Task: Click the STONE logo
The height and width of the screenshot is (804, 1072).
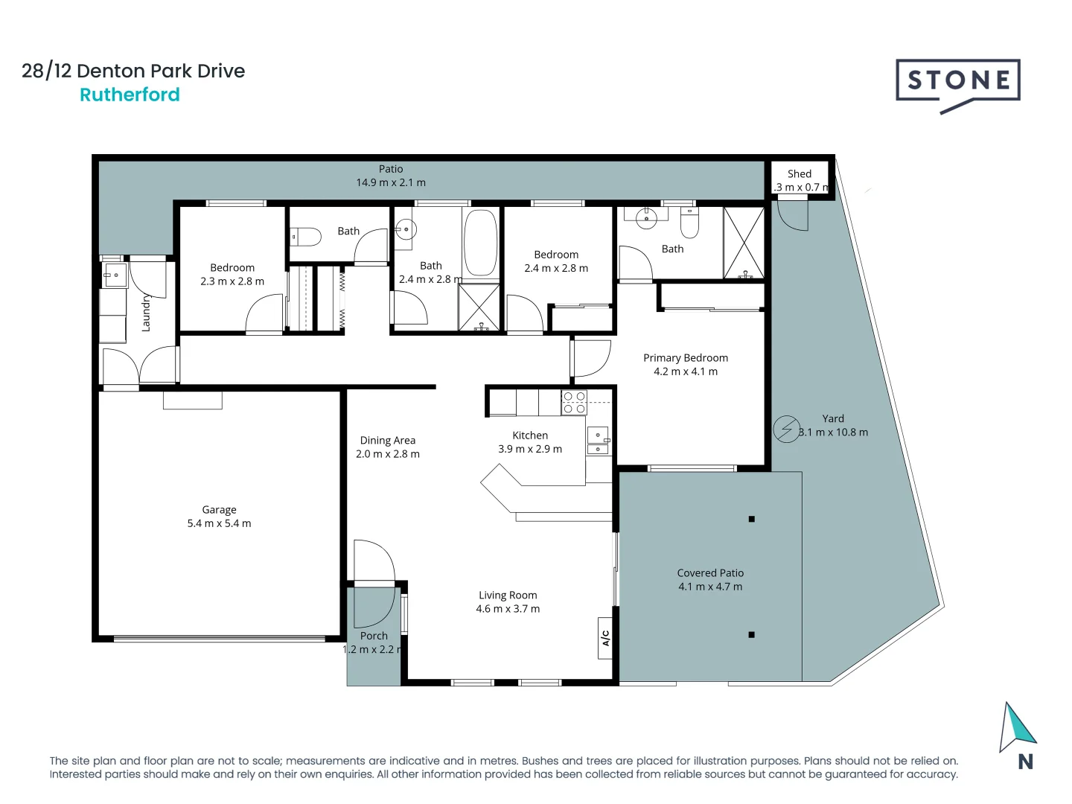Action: (x=957, y=82)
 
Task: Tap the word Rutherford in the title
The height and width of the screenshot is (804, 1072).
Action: (x=130, y=95)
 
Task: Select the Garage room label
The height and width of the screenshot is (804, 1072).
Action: (x=219, y=510)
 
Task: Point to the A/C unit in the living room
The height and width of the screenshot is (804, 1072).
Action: (x=606, y=638)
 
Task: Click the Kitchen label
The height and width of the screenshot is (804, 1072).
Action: (x=530, y=435)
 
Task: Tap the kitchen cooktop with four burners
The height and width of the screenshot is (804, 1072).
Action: (x=574, y=403)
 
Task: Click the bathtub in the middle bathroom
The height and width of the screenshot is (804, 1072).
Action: (x=481, y=243)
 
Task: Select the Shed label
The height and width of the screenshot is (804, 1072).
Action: (x=800, y=173)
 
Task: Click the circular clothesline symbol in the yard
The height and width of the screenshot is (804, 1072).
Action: (x=786, y=429)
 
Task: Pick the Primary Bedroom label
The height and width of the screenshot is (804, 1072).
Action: (x=686, y=358)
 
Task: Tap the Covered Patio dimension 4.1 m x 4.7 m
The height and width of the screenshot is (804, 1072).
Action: (x=710, y=587)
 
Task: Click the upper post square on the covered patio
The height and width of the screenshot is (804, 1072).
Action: (x=751, y=519)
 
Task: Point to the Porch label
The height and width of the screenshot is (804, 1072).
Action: (x=374, y=636)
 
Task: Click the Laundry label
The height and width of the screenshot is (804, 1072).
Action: (x=146, y=313)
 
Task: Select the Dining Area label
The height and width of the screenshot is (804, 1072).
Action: (x=388, y=441)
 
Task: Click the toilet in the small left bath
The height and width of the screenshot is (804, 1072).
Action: (x=306, y=237)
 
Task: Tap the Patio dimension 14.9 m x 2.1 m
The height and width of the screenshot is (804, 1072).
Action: (x=391, y=182)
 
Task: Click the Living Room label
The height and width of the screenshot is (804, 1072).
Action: (x=508, y=596)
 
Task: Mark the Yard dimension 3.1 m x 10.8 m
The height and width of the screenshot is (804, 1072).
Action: (x=833, y=433)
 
